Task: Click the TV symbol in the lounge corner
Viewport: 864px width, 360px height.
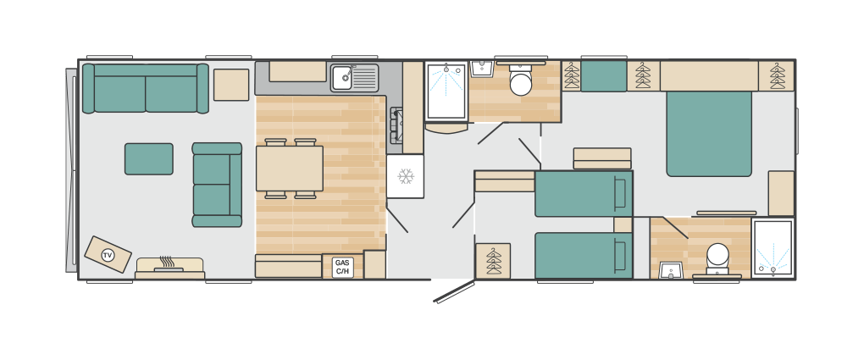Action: tap(108, 255)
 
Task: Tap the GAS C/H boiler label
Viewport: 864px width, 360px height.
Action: tap(342, 267)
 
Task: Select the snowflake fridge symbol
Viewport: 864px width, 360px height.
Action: tap(406, 176)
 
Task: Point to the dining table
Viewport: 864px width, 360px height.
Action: tap(290, 169)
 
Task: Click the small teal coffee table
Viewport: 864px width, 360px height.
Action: tap(149, 158)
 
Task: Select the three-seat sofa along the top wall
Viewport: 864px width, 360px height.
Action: tap(146, 88)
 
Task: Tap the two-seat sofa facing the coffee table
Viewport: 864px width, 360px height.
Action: tap(217, 185)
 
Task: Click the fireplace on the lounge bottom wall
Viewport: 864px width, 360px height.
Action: tap(169, 268)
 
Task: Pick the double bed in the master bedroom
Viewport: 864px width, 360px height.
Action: tap(709, 134)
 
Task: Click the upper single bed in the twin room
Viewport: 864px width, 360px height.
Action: tap(584, 193)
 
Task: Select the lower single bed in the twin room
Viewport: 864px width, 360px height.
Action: tap(584, 255)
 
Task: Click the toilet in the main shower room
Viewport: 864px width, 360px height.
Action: tap(521, 80)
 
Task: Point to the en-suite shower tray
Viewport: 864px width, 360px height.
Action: tap(773, 248)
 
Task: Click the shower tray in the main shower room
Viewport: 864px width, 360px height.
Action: tap(446, 91)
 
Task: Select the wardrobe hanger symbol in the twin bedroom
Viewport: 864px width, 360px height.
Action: tap(493, 261)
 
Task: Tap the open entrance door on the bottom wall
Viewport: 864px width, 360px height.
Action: tap(454, 291)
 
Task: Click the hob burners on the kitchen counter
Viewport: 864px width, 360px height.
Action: tap(396, 125)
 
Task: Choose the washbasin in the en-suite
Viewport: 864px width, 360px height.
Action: tap(671, 270)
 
